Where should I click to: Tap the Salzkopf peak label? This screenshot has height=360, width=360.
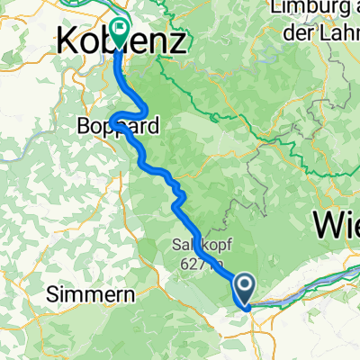pyautogui.click(x=193, y=245)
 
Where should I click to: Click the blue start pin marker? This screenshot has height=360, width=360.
pyautogui.click(x=244, y=290)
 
